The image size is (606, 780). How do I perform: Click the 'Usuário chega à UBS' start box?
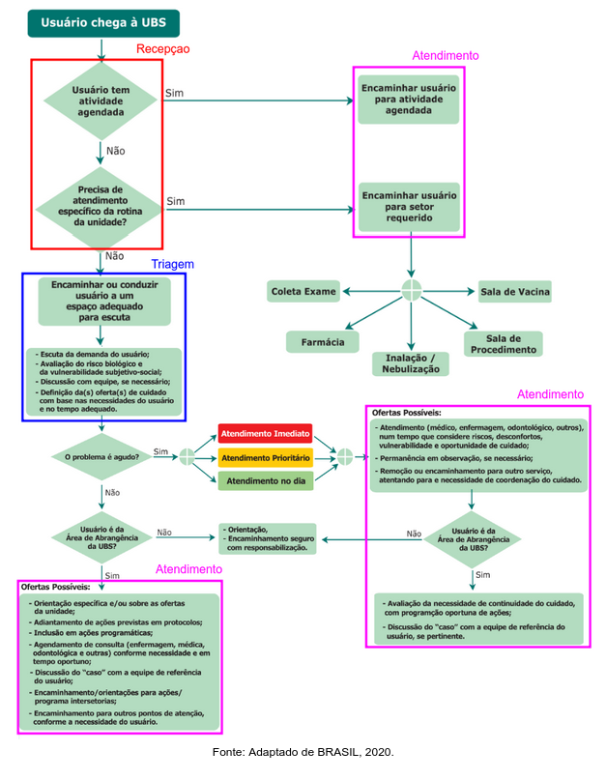[101, 23]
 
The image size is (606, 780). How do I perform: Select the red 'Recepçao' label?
[162, 48]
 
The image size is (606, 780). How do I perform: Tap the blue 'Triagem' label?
[173, 264]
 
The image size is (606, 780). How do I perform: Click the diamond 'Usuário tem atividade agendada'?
[101, 101]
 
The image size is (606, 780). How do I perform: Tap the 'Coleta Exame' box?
[303, 291]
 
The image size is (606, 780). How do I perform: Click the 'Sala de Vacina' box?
[514, 291]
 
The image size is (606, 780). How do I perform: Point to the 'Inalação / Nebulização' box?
[411, 362]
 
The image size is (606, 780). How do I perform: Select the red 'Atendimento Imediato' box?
[266, 433]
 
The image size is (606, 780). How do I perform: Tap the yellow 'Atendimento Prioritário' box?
[266, 456]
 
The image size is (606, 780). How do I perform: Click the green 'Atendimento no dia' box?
[266, 479]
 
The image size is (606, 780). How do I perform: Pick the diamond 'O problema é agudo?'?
[101, 455]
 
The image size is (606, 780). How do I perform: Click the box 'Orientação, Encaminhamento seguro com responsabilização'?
[269, 538]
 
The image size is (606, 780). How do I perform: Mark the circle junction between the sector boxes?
[413, 290]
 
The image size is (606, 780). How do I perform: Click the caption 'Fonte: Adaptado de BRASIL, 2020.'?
[303, 752]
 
